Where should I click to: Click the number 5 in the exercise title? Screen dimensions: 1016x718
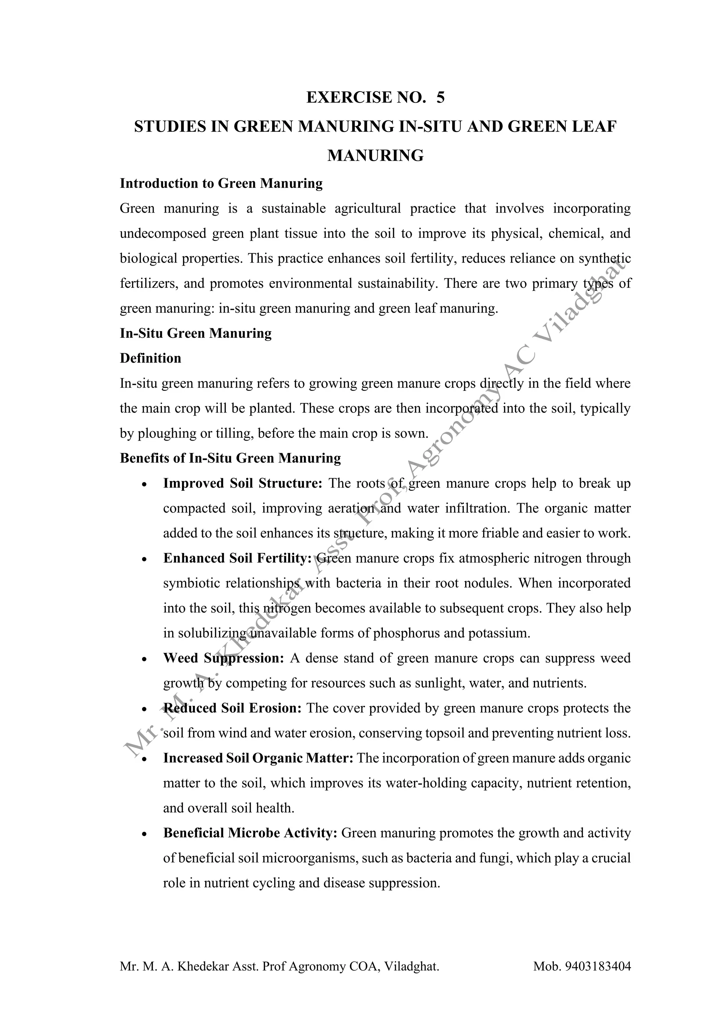pos(440,97)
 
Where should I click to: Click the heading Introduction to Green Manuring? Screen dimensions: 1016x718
pos(221,183)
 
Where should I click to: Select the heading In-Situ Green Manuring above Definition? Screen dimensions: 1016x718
pos(195,333)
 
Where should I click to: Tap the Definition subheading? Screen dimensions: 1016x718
pos(150,358)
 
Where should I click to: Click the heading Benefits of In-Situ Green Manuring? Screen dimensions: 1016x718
pos(230,458)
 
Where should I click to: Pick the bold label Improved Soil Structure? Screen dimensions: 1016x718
pos(243,483)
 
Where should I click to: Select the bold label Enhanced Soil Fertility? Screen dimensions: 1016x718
pos(237,559)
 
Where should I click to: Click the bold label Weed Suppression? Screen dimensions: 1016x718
pos(223,659)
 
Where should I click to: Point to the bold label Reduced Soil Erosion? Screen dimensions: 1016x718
pos(232,708)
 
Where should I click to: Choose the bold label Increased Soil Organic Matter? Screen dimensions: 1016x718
pos(258,758)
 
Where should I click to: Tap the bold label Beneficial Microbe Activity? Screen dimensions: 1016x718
pos(250,833)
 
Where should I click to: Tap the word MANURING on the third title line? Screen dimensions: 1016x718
pos(375,155)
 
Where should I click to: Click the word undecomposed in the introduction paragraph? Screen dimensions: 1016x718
pos(163,233)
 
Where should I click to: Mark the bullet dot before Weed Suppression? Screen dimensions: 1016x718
pos(144,659)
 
